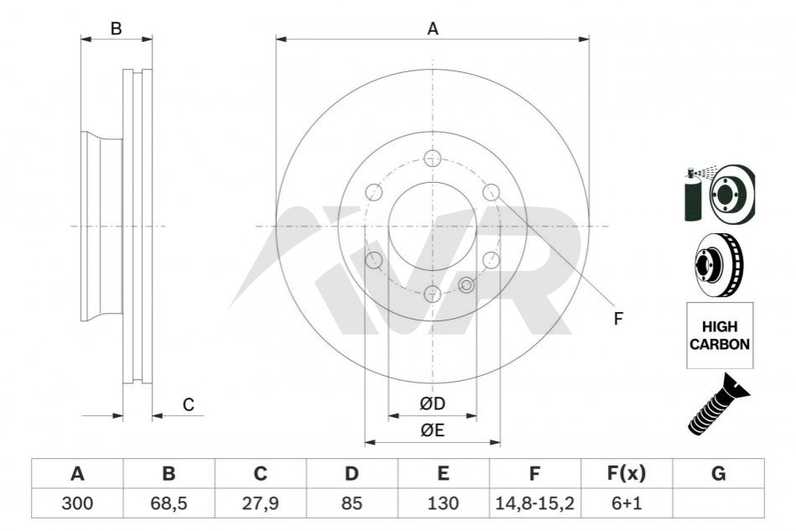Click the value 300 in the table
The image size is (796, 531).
point(77,503)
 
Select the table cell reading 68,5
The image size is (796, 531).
point(169,503)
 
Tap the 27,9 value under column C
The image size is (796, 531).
point(260,503)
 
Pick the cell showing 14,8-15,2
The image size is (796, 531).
point(534,503)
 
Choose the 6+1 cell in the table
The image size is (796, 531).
point(627,503)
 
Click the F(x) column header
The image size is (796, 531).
point(627,474)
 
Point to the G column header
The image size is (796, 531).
point(718,474)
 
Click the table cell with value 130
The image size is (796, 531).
point(443,503)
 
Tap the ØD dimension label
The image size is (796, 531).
point(433,403)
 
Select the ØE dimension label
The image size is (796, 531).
point(433,430)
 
